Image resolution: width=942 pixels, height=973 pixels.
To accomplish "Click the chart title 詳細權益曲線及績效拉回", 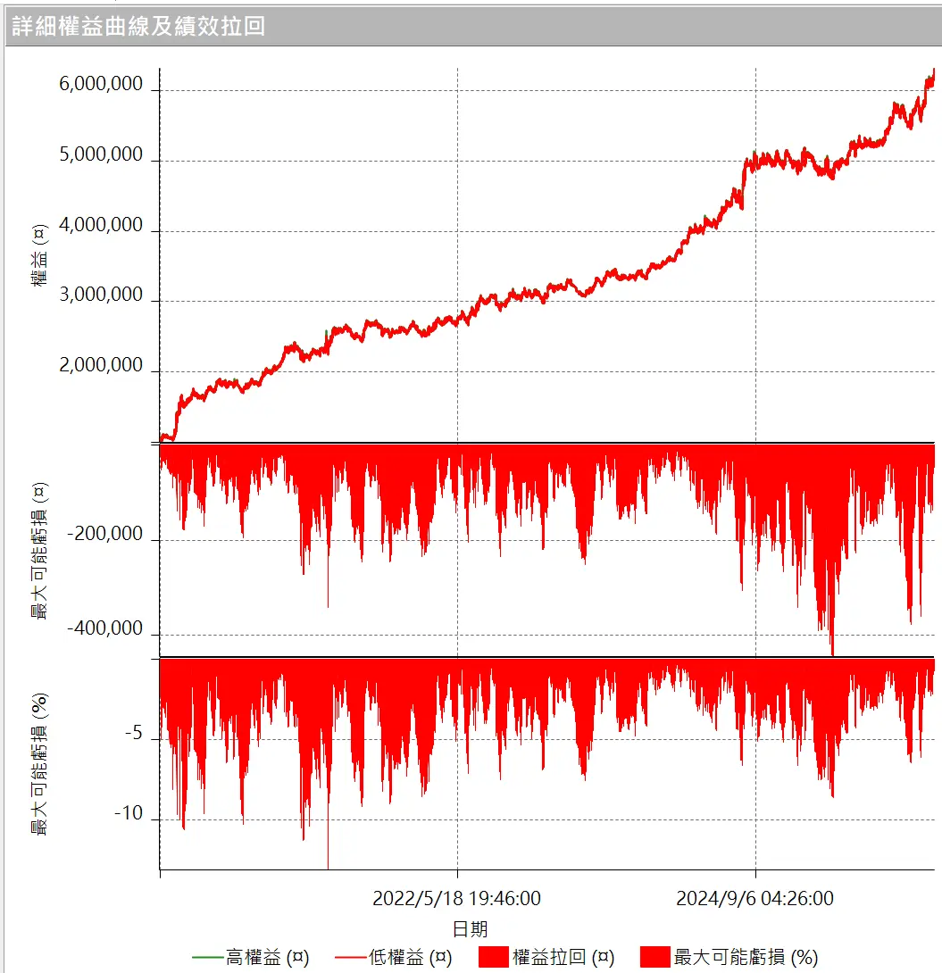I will pyautogui.click(x=138, y=25).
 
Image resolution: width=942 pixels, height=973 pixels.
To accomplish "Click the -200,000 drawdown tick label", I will pyautogui.click(x=104, y=536).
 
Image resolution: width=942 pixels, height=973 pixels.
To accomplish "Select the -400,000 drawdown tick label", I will pyautogui.click(x=104, y=629).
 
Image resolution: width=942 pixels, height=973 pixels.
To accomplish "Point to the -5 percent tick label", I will pyautogui.click(x=134, y=734).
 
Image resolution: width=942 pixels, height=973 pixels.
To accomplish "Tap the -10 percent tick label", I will pyautogui.click(x=129, y=814).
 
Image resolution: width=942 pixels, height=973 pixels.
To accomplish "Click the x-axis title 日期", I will pyautogui.click(x=471, y=929).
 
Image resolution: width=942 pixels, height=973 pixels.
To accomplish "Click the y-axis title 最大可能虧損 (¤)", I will pyautogui.click(x=40, y=551).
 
